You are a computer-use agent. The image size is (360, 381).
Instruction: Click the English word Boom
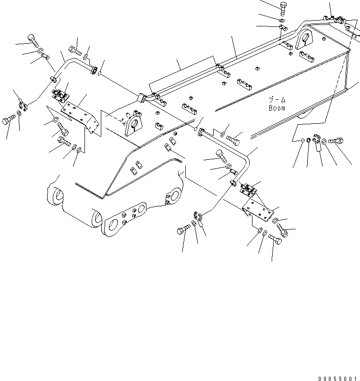(x=277, y=108)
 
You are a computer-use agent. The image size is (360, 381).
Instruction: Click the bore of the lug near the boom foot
(x=134, y=126)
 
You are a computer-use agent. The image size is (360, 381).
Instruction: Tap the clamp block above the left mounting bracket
(x=60, y=95)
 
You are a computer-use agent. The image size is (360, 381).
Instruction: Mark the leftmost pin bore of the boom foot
(x=56, y=195)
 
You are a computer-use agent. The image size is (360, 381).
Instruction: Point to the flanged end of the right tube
(x=200, y=131)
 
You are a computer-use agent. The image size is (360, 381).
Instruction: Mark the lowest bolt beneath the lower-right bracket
(x=275, y=238)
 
